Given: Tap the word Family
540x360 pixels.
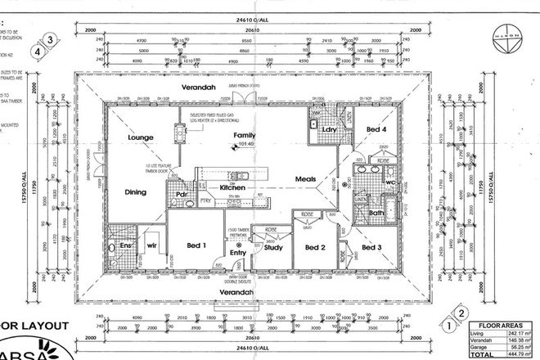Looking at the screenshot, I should (x=245, y=134).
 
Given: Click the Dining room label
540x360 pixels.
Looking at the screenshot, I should (x=136, y=193).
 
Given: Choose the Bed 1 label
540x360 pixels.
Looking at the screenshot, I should (x=197, y=245).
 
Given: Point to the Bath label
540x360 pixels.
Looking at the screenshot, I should (x=377, y=214).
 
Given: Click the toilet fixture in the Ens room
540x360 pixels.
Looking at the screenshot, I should (x=113, y=247).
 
